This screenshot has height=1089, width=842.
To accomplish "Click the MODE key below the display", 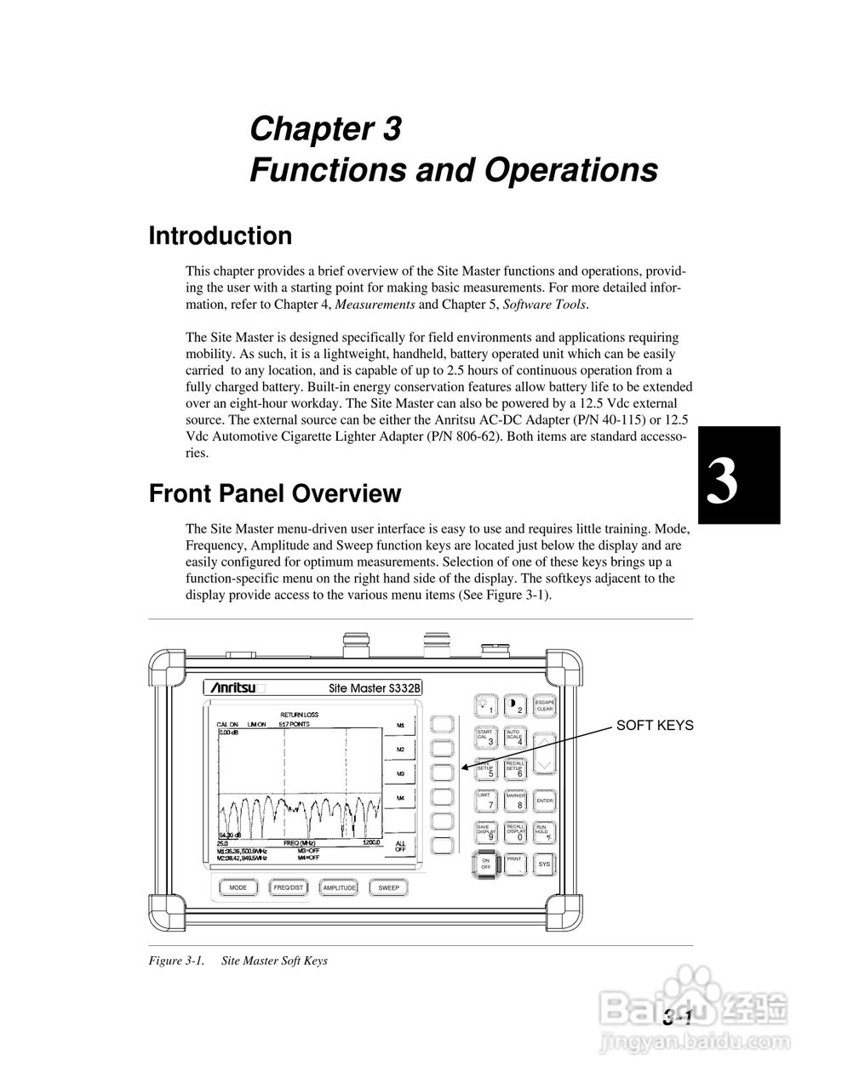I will coord(238,887).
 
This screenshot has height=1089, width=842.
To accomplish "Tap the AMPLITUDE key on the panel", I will coord(339,887).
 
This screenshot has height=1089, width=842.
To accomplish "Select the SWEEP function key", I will coord(389,887).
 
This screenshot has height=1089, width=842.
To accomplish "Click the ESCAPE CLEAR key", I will coord(545,706).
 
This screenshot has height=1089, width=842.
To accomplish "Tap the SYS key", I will coord(544,864).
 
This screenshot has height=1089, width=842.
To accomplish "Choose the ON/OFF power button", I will coord(486,864).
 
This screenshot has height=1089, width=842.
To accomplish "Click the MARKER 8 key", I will coord(516,801).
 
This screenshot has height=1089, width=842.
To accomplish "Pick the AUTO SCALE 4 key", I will coord(516,738).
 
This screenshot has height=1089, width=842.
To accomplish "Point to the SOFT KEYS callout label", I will coord(655,726).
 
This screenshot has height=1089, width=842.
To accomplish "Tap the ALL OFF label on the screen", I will coord(401,847).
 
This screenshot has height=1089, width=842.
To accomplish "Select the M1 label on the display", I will coord(401,727).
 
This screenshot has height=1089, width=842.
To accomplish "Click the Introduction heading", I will coord(220,236).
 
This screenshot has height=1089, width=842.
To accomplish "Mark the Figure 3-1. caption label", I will coord(177,961).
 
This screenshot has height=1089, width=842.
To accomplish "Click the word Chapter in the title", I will coord(304,129).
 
